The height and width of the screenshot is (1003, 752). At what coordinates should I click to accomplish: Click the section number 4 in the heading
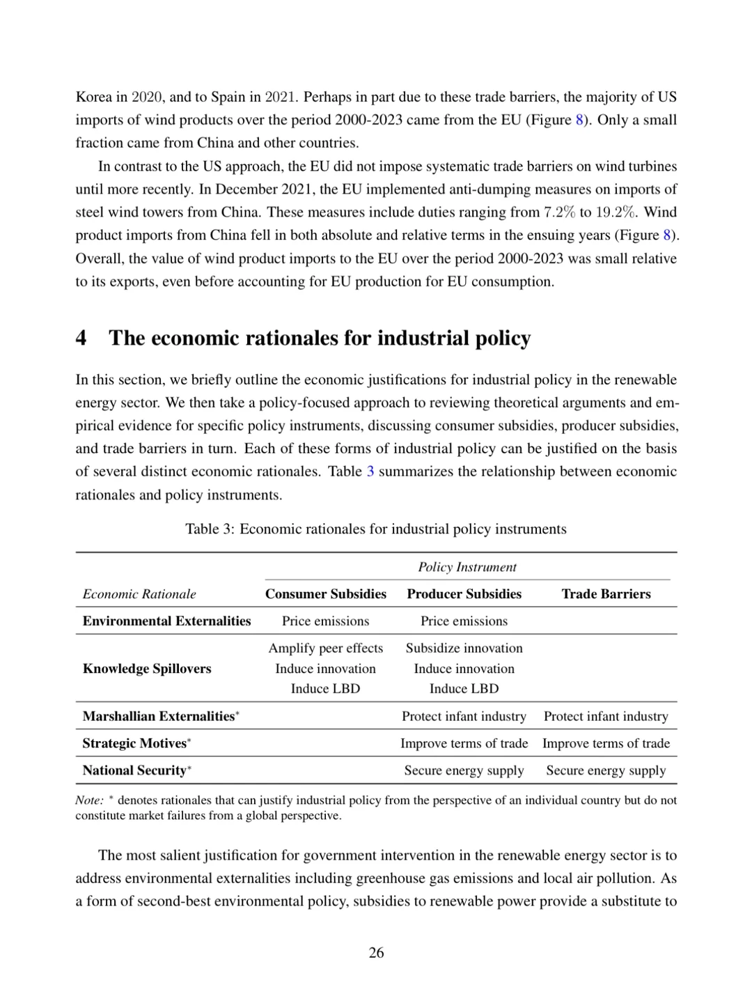pyautogui.click(x=81, y=339)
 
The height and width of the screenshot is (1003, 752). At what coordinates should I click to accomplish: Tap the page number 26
pyautogui.click(x=376, y=953)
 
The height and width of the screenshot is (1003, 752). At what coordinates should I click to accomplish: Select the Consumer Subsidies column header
pyautogui.click(x=325, y=594)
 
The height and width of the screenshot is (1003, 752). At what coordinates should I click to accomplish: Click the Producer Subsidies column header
pyautogui.click(x=464, y=594)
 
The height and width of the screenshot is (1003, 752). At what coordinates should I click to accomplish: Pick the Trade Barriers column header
pyautogui.click(x=606, y=594)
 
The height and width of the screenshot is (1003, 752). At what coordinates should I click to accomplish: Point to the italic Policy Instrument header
pyautogui.click(x=467, y=567)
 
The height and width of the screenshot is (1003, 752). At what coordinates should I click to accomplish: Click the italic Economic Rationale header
pyautogui.click(x=139, y=594)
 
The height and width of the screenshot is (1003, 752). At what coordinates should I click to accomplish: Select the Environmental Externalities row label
pyautogui.click(x=166, y=621)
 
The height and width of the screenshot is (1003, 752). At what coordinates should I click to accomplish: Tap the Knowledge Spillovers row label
pyautogui.click(x=147, y=669)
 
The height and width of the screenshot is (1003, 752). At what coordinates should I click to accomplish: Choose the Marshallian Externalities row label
pyautogui.click(x=159, y=717)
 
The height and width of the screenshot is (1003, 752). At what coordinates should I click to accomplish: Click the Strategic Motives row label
pyautogui.click(x=134, y=743)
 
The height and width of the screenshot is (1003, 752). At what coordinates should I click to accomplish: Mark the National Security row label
pyautogui.click(x=135, y=770)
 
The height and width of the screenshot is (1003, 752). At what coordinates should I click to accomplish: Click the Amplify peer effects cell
pyautogui.click(x=325, y=648)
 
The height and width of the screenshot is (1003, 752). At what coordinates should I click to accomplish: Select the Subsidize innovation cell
pyautogui.click(x=464, y=648)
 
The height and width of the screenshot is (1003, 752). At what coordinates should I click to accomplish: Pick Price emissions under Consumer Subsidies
pyautogui.click(x=325, y=621)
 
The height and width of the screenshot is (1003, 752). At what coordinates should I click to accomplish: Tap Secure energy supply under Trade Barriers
pyautogui.click(x=606, y=770)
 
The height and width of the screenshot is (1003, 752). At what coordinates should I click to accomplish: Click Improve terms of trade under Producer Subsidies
pyautogui.click(x=464, y=743)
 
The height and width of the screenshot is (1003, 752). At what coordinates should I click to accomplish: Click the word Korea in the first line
pyautogui.click(x=93, y=97)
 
